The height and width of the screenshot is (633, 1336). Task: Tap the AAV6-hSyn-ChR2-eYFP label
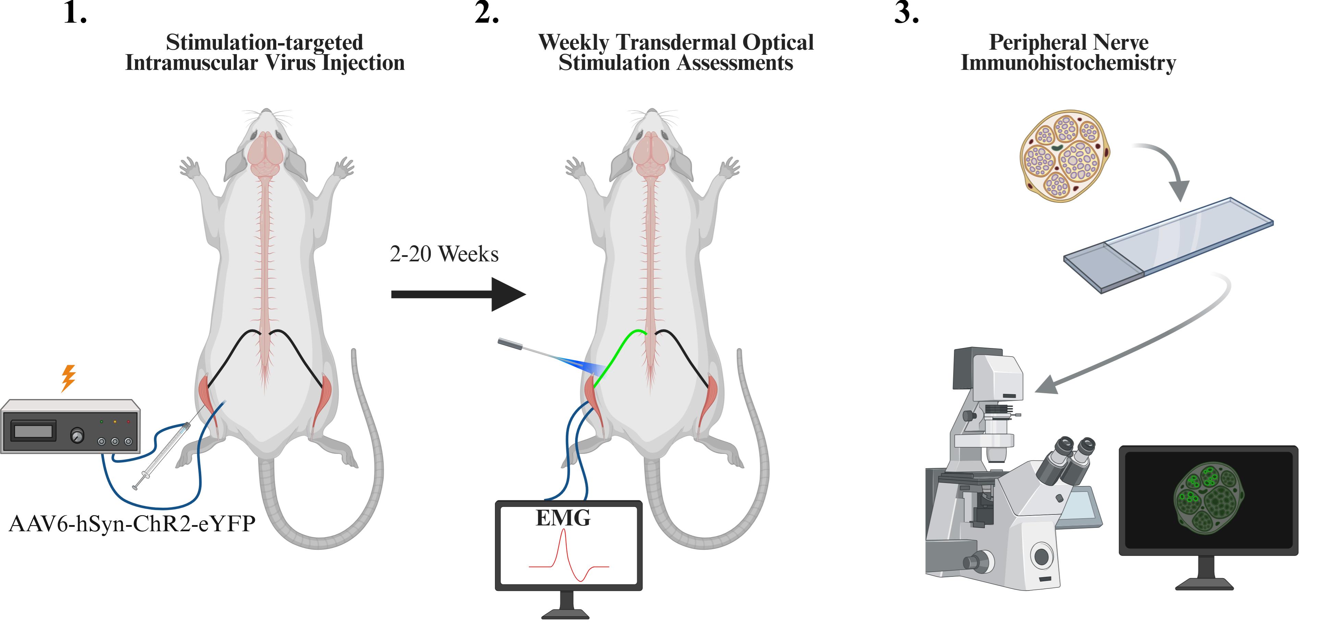click(132, 524)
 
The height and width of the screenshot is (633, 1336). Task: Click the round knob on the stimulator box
click(77, 435)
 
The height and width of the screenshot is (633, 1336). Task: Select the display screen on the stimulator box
click(33, 430)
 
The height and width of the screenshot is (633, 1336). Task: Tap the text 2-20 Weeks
click(444, 254)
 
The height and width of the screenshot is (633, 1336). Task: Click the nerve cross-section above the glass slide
click(1065, 155)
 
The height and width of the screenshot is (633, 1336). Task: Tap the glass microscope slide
click(1167, 244)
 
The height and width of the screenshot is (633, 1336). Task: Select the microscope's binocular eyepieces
click(1068, 456)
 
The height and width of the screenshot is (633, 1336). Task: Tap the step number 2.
click(486, 13)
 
